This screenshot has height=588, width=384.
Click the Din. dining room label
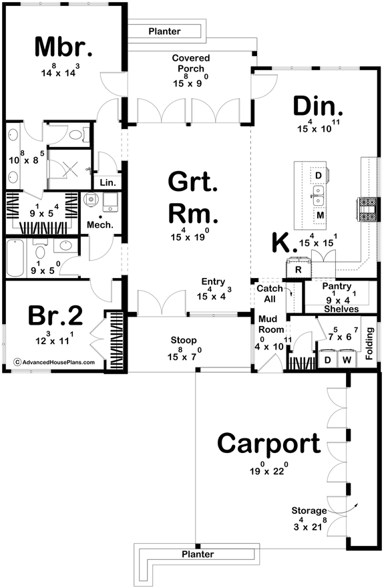pyautogui.click(x=318, y=107)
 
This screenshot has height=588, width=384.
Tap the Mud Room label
pyautogui.click(x=271, y=325)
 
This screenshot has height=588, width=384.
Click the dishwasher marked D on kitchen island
pyautogui.click(x=319, y=175)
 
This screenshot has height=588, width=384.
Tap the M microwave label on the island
pyautogui.click(x=320, y=216)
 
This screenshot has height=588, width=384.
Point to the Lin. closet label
pyautogui.click(x=107, y=182)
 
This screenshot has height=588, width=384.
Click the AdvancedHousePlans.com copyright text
pyautogui.click(x=54, y=363)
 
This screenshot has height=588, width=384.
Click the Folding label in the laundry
pyautogui.click(x=370, y=337)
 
